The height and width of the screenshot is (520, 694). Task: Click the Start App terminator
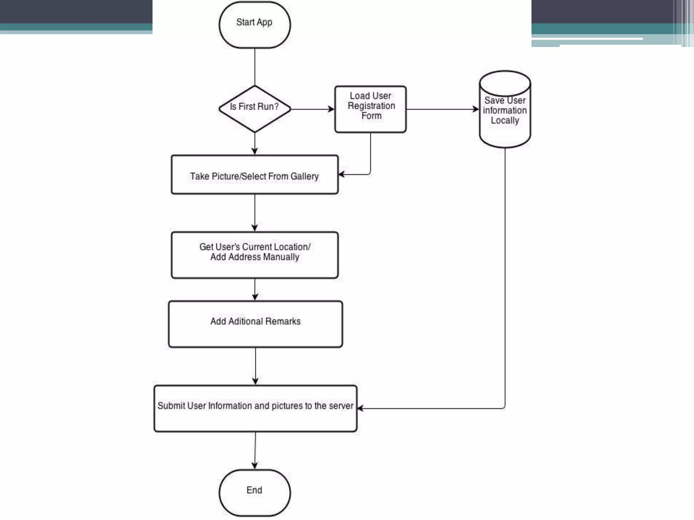(x=254, y=24)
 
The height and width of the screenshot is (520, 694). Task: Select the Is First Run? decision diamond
(x=254, y=108)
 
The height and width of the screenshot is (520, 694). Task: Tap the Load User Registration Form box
(x=370, y=109)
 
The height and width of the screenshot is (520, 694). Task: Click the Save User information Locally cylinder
(x=505, y=110)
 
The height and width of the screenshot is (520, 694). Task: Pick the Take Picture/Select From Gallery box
(x=254, y=175)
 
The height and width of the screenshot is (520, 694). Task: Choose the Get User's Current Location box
(x=254, y=255)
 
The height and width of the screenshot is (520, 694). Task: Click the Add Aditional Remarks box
(x=255, y=324)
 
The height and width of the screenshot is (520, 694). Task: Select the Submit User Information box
(x=255, y=408)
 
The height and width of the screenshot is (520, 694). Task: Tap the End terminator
(x=254, y=493)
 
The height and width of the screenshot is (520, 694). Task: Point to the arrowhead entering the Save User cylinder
(x=476, y=109)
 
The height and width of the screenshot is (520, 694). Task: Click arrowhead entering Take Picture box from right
(x=341, y=174)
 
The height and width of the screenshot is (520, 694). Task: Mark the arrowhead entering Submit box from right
(x=360, y=408)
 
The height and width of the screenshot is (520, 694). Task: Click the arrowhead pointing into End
(x=254, y=466)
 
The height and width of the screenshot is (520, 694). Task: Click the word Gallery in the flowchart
(x=304, y=176)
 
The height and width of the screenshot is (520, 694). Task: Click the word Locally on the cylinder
(x=505, y=121)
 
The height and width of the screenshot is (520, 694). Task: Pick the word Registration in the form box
(x=371, y=106)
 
